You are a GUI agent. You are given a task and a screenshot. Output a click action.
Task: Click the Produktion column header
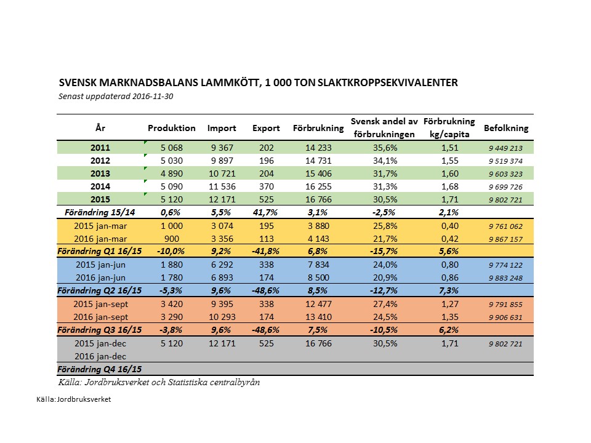(x=172, y=128)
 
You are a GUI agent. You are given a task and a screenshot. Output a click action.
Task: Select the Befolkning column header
(x=506, y=128)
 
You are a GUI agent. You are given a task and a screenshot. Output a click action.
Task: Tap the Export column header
(x=266, y=128)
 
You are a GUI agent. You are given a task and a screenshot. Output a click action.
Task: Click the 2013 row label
(x=100, y=174)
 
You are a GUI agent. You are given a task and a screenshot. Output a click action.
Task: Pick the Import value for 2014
(x=222, y=186)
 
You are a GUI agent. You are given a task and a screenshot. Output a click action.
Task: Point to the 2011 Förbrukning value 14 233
(x=318, y=148)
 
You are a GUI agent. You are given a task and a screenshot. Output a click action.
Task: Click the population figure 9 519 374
(x=505, y=161)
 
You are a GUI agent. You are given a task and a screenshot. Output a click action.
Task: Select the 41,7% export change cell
(x=265, y=212)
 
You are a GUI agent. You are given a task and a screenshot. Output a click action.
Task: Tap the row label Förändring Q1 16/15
(x=100, y=251)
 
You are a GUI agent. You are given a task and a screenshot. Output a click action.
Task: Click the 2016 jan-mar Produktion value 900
(x=172, y=239)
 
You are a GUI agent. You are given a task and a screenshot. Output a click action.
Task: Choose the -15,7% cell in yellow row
(x=384, y=251)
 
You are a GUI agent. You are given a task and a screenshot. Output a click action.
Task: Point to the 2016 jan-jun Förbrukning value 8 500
(x=318, y=277)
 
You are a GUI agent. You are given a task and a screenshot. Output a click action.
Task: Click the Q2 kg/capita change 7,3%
(x=449, y=290)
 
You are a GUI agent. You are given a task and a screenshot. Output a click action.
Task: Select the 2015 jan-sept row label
(x=100, y=304)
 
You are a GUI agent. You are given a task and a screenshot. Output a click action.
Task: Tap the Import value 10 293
(x=222, y=317)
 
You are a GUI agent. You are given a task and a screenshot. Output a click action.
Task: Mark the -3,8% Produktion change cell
(x=171, y=330)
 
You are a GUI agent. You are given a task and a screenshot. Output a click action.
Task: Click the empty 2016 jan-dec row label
(x=100, y=356)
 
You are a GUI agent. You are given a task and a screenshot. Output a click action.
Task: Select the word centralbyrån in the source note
(x=235, y=382)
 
